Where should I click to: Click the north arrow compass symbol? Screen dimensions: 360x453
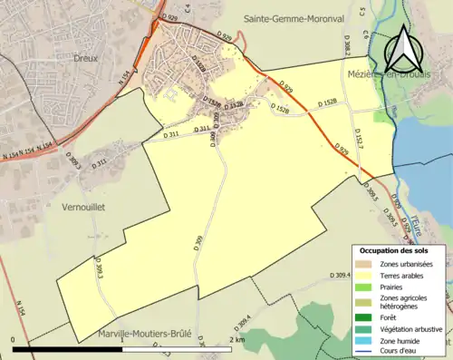tap(405, 46)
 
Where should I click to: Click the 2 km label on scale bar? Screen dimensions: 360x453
tap(237, 339)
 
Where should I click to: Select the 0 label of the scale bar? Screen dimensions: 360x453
tap(14, 339)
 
